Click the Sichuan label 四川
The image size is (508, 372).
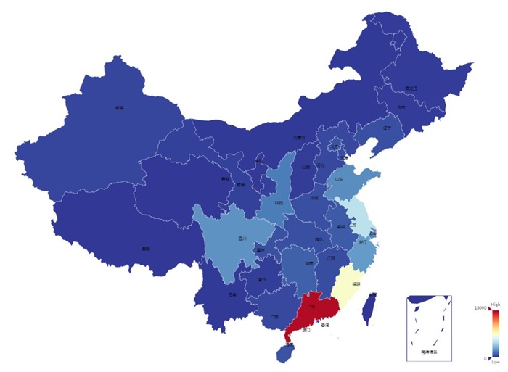coord(242,238)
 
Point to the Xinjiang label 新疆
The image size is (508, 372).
coord(119,107)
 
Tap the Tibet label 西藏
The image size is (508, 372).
coord(146,249)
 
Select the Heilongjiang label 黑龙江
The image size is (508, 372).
coord(411,88)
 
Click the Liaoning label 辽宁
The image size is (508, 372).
coord(387,128)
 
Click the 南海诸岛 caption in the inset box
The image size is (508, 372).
coord(430,352)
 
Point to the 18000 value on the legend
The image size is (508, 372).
coord(480,308)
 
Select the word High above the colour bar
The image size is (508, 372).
coord(495,304)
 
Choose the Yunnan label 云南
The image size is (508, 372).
coord(232,295)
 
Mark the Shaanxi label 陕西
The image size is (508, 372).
coord(279,204)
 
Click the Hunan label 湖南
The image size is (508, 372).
coord(309,263)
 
